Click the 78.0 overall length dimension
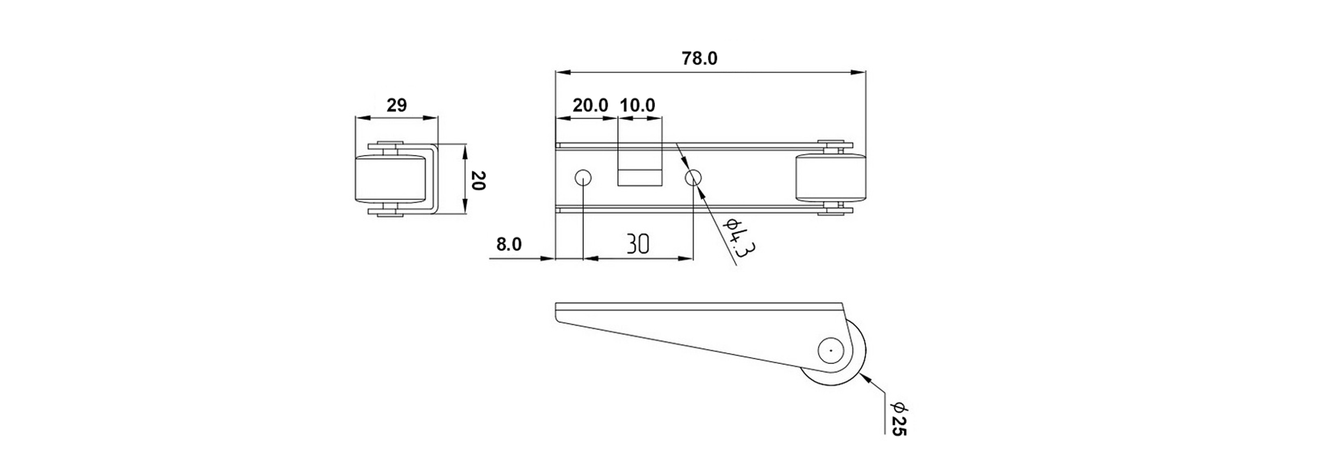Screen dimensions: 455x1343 (x=699, y=59)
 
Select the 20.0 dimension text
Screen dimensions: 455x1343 (x=590, y=105)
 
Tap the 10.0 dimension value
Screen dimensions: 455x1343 (x=637, y=105)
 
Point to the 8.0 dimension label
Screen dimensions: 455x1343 (x=509, y=245)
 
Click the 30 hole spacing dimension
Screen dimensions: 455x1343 (x=638, y=244)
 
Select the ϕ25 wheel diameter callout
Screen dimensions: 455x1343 (x=899, y=420)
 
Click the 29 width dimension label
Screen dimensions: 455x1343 (x=397, y=105)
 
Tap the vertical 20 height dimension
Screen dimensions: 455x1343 (x=479, y=180)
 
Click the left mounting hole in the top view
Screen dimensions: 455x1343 (x=583, y=178)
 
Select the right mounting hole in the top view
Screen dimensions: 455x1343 (x=693, y=178)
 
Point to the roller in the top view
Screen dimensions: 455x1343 (x=830, y=178)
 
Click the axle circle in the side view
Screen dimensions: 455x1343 (x=831, y=350)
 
